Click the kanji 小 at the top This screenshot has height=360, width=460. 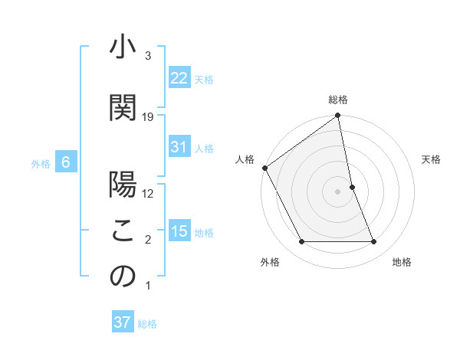(123, 48)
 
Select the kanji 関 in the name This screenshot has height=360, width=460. (123, 108)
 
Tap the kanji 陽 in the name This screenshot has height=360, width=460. (123, 187)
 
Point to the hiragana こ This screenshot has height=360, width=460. (123, 231)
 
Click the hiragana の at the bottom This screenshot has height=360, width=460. (123, 277)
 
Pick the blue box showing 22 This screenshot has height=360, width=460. (179, 78)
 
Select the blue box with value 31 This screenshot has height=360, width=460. (179, 147)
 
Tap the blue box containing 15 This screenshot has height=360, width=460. (179, 231)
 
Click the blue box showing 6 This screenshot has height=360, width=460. (65, 162)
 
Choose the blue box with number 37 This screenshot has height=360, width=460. (123, 322)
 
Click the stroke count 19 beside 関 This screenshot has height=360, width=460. (148, 116)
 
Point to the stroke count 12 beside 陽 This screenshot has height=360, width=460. (148, 193)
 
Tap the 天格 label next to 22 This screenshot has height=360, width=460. (204, 79)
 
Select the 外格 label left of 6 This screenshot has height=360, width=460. (40, 163)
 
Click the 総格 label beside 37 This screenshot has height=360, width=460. (147, 323)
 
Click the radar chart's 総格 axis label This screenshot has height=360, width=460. (338, 100)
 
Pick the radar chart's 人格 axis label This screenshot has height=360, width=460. (245, 159)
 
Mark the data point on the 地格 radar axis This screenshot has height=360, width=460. (374, 242)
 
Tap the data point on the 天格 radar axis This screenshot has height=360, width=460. (352, 186)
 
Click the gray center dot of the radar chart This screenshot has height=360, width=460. (338, 191)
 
